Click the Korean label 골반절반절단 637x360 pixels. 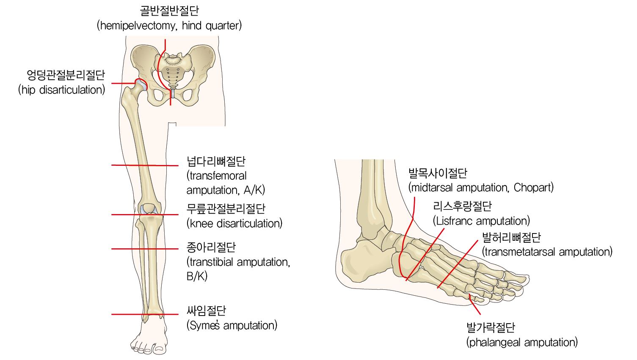click(169, 11)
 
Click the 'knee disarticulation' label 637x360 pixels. click(234, 223)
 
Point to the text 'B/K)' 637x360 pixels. click(197, 276)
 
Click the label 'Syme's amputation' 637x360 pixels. click(232, 325)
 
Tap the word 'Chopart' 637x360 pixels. click(533, 187)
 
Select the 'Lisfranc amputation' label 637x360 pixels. click(481, 221)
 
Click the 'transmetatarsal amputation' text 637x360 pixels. click(547, 252)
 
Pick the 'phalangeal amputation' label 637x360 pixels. click(522, 342)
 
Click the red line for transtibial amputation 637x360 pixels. click(145, 249)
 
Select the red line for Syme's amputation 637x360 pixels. click(145, 314)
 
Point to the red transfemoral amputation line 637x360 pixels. click(145, 165)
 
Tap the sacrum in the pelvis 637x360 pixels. click(173, 71)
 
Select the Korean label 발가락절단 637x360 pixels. click(491, 327)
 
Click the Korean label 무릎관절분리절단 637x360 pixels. click(226, 209)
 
